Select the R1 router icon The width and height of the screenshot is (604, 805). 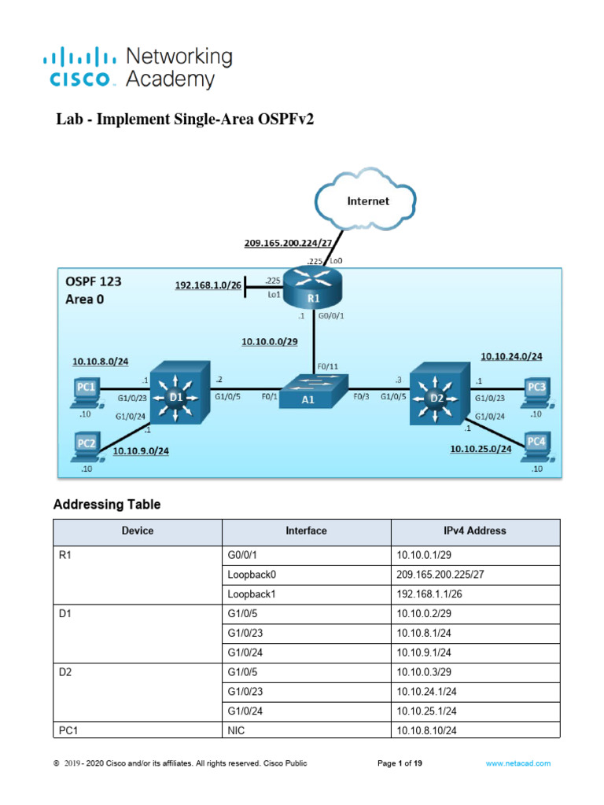point(314,289)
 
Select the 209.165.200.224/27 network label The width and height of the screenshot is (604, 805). point(290,244)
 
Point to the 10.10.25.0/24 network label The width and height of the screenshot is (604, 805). point(481,449)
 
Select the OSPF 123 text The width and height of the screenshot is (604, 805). point(94,281)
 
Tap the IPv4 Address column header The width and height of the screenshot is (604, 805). point(475,531)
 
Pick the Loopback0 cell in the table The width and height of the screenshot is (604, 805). point(251,575)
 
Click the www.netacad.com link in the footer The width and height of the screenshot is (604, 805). point(517,763)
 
